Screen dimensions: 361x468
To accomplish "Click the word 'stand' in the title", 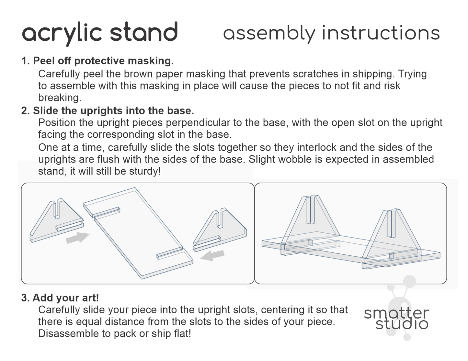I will (144, 32).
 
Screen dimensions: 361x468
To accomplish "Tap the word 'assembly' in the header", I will (269, 33).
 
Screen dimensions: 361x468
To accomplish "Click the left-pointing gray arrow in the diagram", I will (212, 255).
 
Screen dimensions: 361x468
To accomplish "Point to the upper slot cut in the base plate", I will (107, 212).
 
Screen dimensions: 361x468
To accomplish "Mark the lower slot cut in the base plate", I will (170, 253).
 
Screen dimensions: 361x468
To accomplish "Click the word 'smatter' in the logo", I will (396, 313).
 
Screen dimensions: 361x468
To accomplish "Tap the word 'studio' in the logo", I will (402, 324).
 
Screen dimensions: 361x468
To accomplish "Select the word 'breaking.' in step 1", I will (60, 98).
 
